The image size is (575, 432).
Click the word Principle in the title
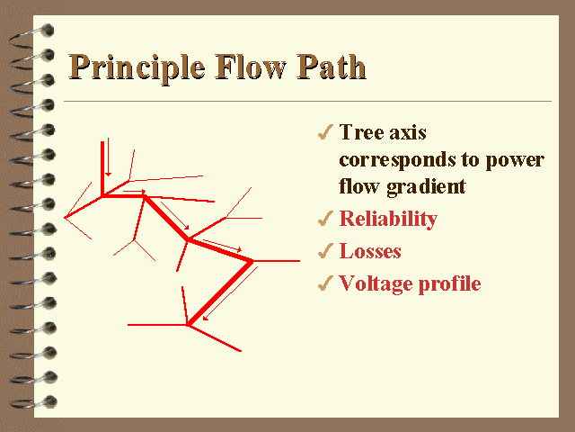coord(137,67)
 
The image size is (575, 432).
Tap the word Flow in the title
coord(250,67)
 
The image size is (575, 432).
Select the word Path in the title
coord(332,67)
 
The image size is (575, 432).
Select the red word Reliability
coord(388,219)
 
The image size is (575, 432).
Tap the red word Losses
coord(370,251)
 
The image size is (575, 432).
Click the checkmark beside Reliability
coord(325,218)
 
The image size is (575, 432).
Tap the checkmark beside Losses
coord(325,250)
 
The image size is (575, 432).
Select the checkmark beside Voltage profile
coord(325,283)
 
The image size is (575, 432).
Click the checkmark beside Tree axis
coord(325,132)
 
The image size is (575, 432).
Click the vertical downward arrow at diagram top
coord(108,157)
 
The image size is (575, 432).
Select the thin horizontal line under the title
coord(307,101)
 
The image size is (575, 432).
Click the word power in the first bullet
coord(515,161)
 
